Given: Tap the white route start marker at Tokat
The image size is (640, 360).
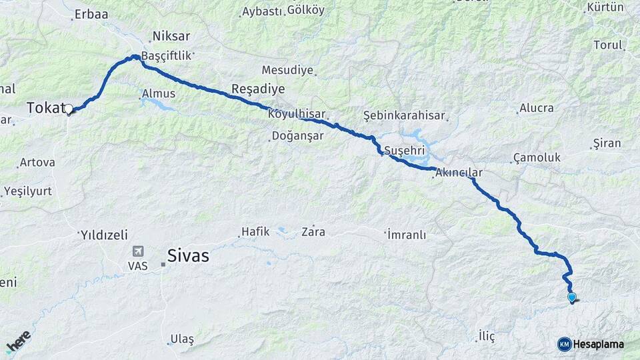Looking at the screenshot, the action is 68,109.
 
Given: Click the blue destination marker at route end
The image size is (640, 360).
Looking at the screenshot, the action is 571,297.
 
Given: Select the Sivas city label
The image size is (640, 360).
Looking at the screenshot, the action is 188,255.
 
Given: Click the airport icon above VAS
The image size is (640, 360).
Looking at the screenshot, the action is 138,251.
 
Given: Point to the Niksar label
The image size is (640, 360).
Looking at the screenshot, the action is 171,36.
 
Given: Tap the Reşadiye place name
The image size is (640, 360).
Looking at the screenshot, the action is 257,89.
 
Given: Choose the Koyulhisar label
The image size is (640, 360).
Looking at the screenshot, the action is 297,114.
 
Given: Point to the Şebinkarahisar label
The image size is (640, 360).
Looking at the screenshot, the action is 404,115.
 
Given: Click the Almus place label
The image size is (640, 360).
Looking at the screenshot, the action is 159,94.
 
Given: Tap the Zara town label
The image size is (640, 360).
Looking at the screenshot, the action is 313,232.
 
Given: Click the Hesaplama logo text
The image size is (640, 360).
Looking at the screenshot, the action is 598,344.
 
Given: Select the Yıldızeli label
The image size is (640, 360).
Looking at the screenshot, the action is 104,235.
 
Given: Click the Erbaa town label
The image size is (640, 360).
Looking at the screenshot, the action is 91,13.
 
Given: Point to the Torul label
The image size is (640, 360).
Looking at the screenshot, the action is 607,45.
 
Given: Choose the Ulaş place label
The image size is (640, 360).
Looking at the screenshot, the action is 181,339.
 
